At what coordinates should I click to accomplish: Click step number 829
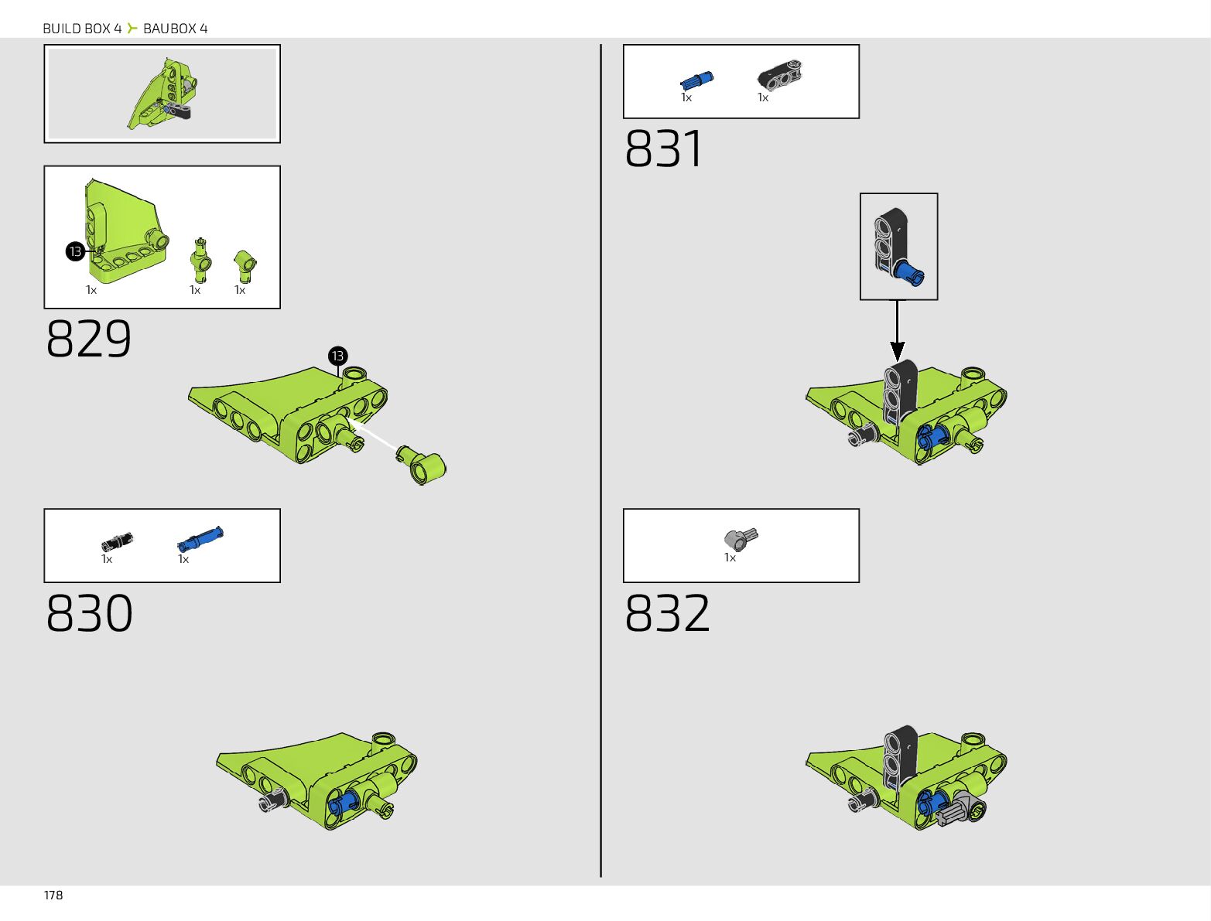89,339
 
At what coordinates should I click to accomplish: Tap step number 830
89,613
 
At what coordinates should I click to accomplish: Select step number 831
664,149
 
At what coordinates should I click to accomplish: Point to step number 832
667,613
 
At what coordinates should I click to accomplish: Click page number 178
53,895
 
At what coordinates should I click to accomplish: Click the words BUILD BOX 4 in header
82,29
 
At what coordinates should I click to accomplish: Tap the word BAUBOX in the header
169,29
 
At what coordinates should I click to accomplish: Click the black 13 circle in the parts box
75,251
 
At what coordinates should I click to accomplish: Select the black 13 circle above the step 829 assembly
337,356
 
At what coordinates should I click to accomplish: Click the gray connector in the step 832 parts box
741,537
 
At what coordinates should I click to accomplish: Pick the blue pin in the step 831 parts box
696,80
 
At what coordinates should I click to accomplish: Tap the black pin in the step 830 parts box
117,541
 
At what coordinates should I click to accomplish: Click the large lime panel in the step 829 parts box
124,232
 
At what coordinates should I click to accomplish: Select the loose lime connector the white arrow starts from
422,464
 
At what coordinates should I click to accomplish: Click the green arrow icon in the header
132,29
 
